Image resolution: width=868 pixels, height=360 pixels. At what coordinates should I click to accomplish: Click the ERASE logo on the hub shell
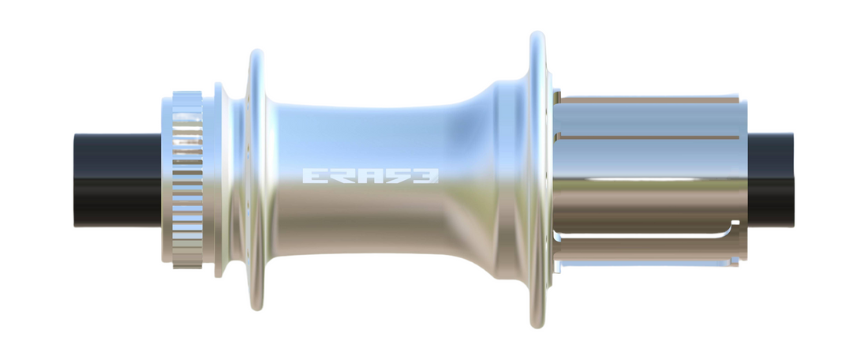click(371, 174)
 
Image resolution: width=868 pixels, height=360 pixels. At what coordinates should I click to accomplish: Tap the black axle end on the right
click(770, 180)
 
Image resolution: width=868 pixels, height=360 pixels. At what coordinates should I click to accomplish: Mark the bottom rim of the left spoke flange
click(256, 304)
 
